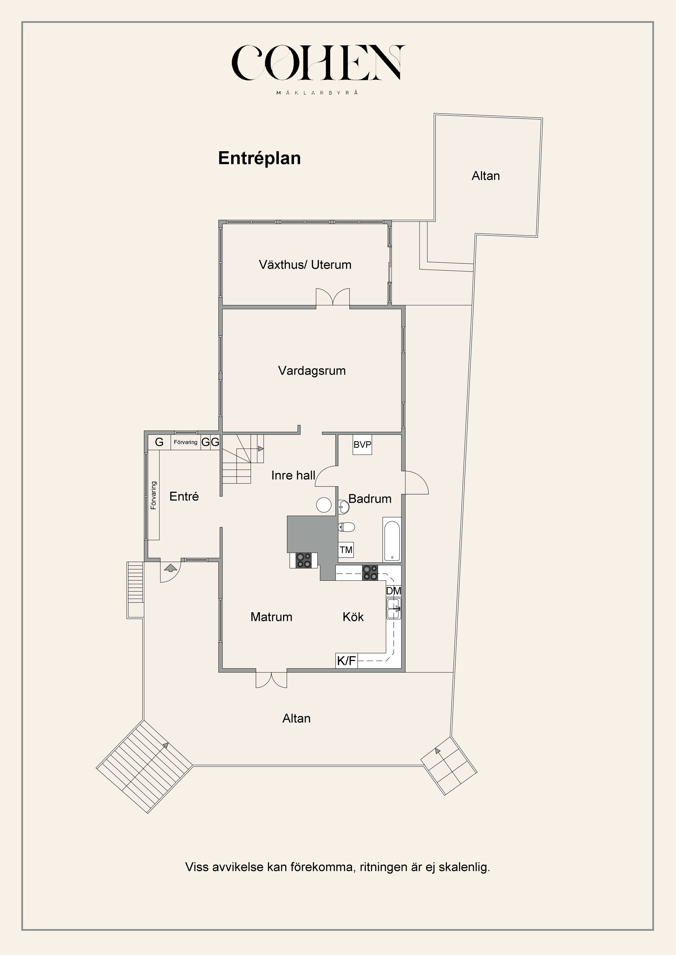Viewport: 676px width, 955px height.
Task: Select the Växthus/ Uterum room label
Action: click(305, 265)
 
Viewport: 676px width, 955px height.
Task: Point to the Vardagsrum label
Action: click(312, 371)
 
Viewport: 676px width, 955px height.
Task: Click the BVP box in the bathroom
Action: click(362, 445)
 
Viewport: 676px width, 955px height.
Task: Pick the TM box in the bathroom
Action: click(346, 550)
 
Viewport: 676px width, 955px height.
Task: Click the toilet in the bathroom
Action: click(346, 527)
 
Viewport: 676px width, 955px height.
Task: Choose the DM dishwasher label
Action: click(393, 591)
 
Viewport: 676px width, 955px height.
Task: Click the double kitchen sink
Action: click(394, 609)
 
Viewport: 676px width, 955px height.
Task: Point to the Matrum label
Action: click(271, 617)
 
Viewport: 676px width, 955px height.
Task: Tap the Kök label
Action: click(353, 617)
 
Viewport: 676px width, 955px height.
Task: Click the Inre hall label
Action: click(293, 476)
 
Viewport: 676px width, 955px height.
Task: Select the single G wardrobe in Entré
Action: click(159, 442)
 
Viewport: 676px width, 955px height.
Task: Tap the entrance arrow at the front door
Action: click(169, 567)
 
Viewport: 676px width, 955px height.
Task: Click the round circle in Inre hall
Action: click(324, 505)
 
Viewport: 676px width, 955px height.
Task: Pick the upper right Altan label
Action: click(486, 176)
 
